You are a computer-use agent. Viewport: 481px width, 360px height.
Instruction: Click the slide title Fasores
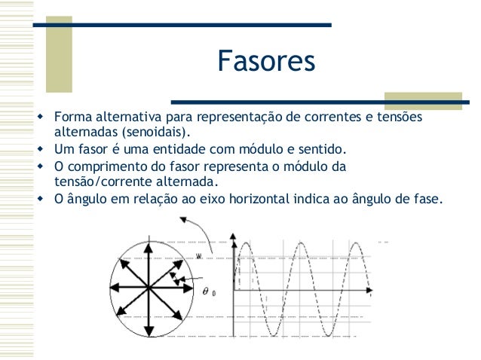pyautogui.click(x=265, y=62)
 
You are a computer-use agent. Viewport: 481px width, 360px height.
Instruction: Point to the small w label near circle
pyautogui.click(x=198, y=255)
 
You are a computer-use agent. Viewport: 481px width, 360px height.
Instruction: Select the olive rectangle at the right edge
pyautogui.click(x=423, y=100)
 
